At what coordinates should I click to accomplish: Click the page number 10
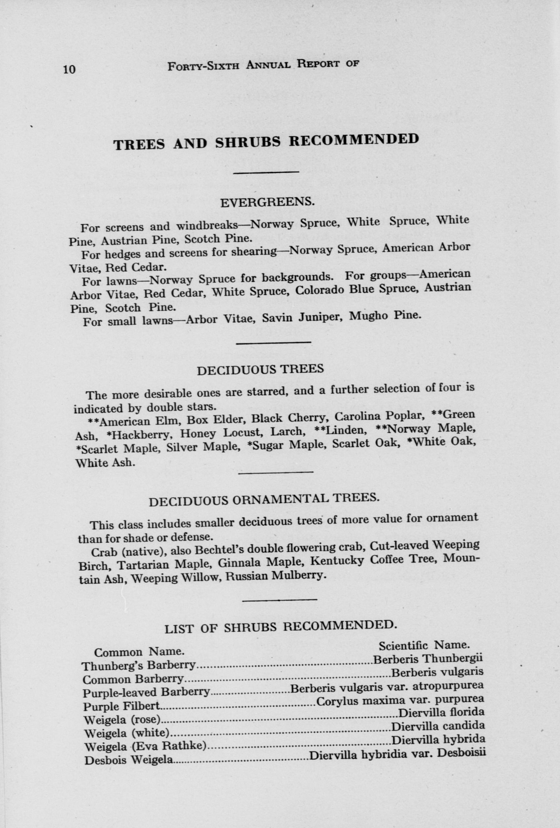click(69, 69)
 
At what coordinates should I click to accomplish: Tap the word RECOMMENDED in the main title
click(353, 140)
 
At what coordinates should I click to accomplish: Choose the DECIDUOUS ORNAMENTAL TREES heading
click(264, 499)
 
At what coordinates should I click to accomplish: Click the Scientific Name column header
click(425, 645)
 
